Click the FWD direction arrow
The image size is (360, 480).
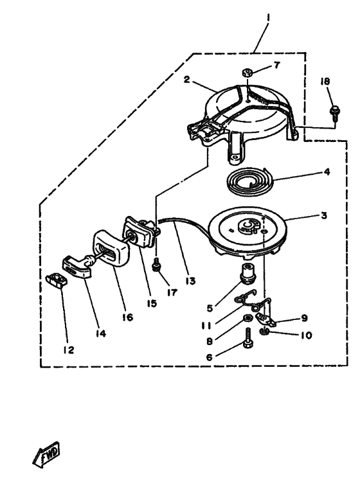click(x=46, y=454)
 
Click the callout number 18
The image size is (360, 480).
click(x=325, y=82)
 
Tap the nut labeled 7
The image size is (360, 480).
click(x=247, y=73)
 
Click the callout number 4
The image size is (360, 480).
click(x=327, y=172)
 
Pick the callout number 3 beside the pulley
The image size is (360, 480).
click(x=324, y=215)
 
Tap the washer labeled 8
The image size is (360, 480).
click(x=247, y=318)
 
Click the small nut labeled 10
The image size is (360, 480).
click(x=264, y=331)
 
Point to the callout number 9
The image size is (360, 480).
click(x=304, y=318)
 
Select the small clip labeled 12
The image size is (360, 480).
click(x=55, y=280)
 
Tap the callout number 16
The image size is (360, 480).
click(x=127, y=317)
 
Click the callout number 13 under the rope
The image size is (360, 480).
click(x=190, y=281)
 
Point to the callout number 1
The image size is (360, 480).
click(x=268, y=18)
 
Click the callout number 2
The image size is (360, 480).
click(x=186, y=80)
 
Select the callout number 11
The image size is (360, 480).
click(x=206, y=325)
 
